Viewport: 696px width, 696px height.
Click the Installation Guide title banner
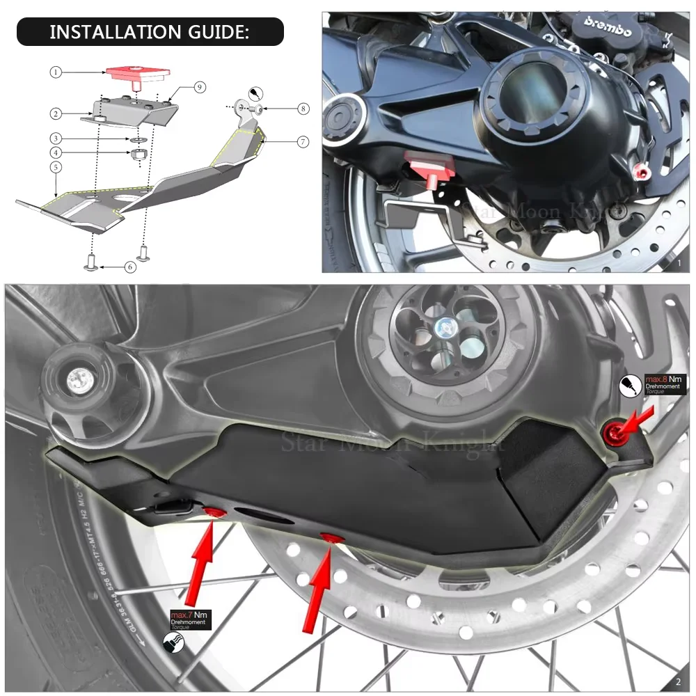[150, 32]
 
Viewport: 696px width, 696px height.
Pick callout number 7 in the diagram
[302, 142]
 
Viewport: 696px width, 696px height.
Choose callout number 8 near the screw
[302, 109]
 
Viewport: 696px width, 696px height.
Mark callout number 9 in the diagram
[199, 87]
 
